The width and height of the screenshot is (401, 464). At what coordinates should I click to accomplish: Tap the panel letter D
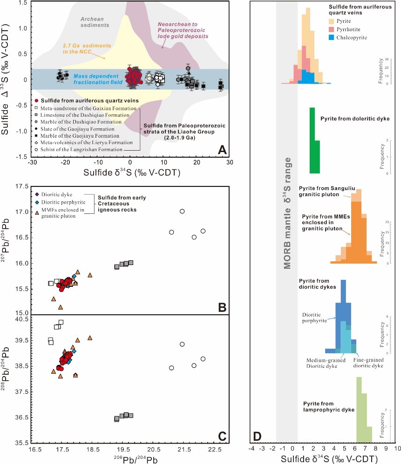tap(257, 436)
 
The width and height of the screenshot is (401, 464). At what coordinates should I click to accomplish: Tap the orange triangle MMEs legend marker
tap(37, 212)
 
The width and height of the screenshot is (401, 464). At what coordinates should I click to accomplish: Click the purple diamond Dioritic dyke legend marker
tap(37, 194)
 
